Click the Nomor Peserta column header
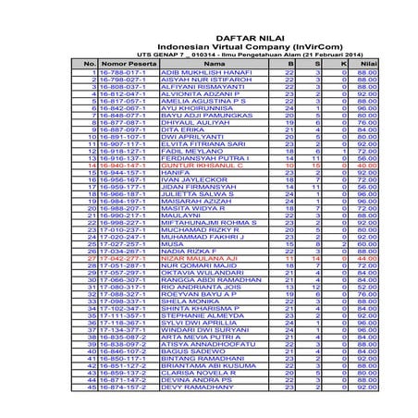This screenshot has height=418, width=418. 129,64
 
